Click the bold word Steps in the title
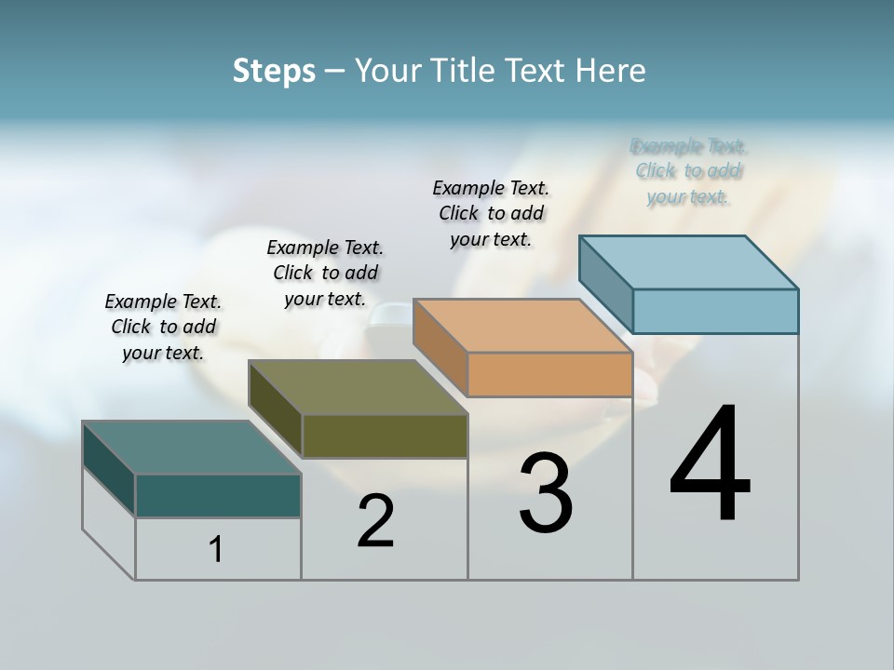coord(274,71)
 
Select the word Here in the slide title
coord(611,71)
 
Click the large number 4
coord(710,464)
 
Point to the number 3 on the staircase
coord(546,493)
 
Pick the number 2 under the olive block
coord(375,521)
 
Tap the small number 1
coord(216,549)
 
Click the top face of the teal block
coord(191,448)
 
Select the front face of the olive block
coord(385,435)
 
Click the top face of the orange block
coord(522,326)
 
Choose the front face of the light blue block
coord(715,311)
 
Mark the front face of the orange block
coord(549,374)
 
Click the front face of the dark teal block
coord(218,495)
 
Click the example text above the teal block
coord(163,327)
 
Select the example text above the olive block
coord(325,273)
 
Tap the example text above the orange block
coord(491,213)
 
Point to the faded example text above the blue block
coord(688,171)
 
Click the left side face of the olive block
coord(276,409)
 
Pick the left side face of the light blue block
coord(605,284)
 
